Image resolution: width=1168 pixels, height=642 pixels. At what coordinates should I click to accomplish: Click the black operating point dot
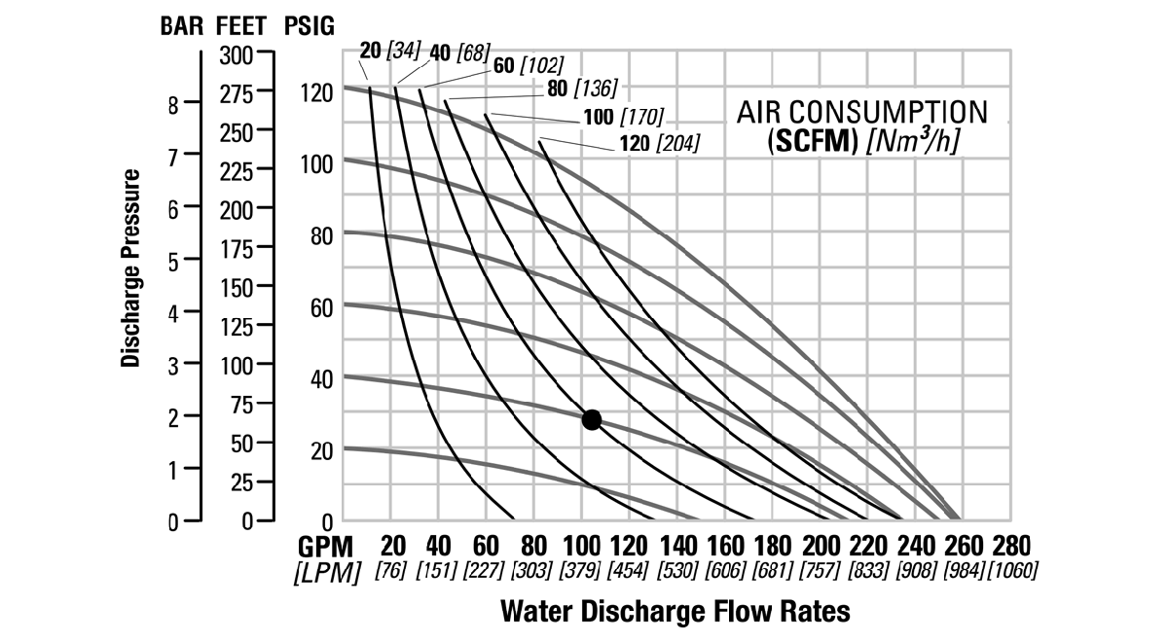(x=591, y=419)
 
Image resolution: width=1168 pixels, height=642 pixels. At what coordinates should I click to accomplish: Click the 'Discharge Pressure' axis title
(x=131, y=268)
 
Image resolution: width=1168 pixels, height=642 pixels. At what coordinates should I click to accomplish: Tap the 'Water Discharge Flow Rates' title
(x=675, y=612)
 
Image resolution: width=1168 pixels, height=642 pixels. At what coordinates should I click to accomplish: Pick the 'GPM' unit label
(x=325, y=546)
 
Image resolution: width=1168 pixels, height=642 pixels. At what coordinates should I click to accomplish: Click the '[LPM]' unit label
(x=323, y=571)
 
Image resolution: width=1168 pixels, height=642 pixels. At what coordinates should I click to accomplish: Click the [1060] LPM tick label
(x=1012, y=570)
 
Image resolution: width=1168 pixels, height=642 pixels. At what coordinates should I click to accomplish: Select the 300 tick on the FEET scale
(x=237, y=54)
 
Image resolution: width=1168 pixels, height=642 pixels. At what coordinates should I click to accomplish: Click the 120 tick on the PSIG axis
(x=317, y=93)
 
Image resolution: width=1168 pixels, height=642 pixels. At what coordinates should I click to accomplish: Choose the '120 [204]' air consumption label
(x=658, y=145)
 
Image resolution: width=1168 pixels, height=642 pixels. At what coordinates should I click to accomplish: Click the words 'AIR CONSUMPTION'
(x=860, y=111)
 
